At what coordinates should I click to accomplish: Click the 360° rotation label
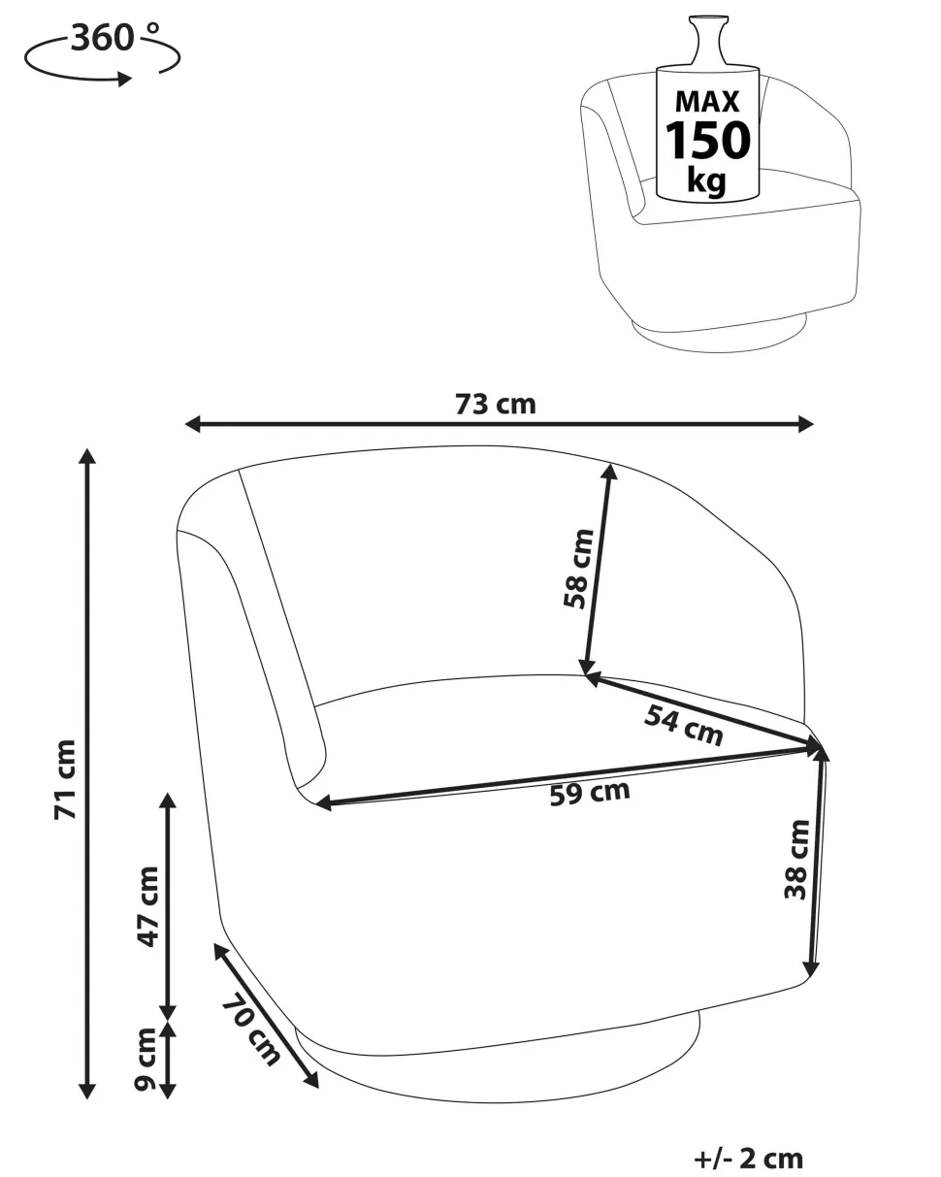[115, 38]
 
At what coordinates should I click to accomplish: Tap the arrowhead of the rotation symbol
[125, 79]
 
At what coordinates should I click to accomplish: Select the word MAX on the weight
[707, 102]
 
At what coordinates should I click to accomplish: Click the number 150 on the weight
[707, 140]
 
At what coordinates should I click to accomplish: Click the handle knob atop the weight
[708, 41]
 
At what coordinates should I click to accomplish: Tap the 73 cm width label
[496, 405]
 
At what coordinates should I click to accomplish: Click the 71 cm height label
[65, 779]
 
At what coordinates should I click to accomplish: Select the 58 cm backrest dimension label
[578, 569]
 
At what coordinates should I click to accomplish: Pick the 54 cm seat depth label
[684, 725]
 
